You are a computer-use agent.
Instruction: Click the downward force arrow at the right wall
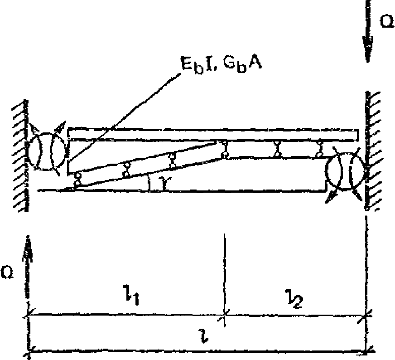[x=368, y=36]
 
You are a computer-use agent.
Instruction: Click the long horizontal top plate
[x=213, y=135]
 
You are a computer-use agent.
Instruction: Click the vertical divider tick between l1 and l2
[x=224, y=277]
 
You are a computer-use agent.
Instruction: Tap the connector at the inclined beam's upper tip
[x=224, y=150]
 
